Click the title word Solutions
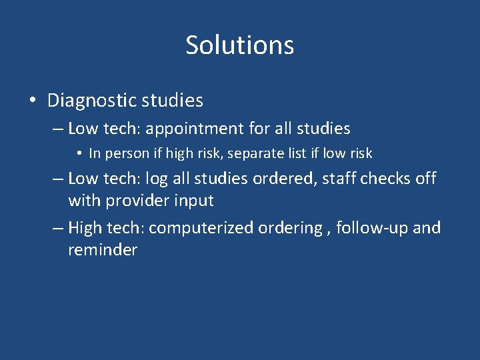[239, 45]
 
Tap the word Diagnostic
[92, 101]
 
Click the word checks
[380, 179]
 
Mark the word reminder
[103, 250]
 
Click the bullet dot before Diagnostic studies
[33, 101]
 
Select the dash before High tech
[58, 228]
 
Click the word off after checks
[425, 179]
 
